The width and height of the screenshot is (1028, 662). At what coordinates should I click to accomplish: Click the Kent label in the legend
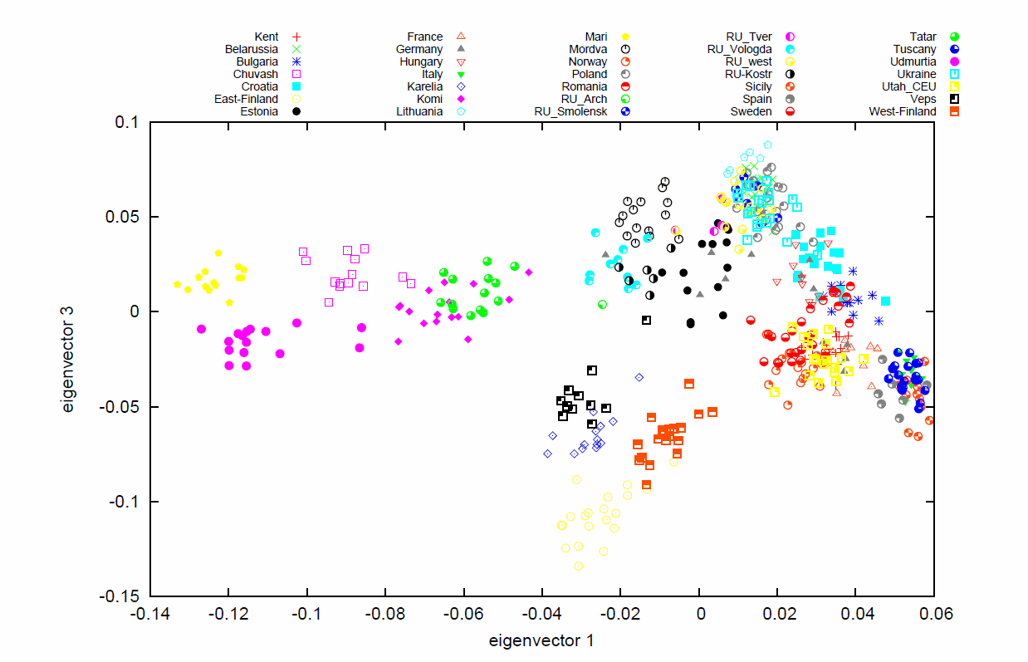point(267,37)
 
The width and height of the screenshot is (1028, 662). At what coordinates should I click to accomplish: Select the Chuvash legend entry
point(256,74)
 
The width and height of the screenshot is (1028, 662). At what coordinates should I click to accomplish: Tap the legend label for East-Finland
point(246,99)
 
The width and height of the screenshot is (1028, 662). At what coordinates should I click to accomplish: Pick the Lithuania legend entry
point(419,111)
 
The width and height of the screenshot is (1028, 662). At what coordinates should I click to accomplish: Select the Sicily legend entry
point(757,86)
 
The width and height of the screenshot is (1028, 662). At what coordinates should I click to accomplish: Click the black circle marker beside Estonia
point(296,111)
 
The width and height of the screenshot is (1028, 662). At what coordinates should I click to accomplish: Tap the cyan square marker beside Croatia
point(296,86)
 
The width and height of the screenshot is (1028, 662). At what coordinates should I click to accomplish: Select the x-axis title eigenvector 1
point(541,640)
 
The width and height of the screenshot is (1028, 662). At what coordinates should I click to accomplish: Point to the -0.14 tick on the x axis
point(150,611)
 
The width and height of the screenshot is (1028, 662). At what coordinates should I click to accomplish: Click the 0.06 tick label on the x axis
point(933,611)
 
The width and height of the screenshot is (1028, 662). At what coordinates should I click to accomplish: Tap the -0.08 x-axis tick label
point(385,611)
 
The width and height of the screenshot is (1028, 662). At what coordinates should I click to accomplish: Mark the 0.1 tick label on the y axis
point(130,122)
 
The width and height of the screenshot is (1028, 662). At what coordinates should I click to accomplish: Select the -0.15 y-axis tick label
point(123,596)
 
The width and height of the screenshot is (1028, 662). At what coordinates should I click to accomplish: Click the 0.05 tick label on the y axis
point(126,217)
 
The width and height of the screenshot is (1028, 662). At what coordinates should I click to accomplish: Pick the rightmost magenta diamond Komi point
point(528,272)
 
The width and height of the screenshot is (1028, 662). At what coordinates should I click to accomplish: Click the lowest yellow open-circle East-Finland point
point(579,566)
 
